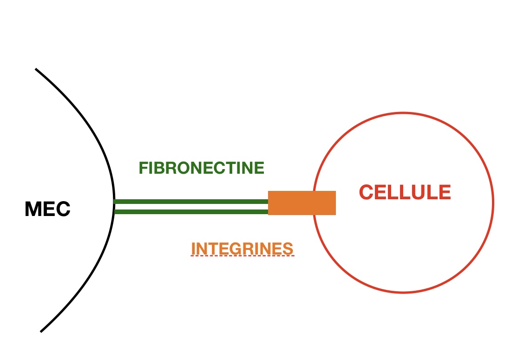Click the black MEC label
[47, 209]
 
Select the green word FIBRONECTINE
[201, 168]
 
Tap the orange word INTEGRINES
[242, 249]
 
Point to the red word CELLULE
[405, 192]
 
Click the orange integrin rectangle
[302, 203]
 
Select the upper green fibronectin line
[191, 202]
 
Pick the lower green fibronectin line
[191, 212]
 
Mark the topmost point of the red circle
[403, 113]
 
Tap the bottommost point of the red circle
[403, 292]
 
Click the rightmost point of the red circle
[493, 203]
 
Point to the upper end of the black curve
[36, 70]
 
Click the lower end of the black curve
[41, 331]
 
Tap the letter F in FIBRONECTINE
[143, 168]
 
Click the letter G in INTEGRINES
[240, 249]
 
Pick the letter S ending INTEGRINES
[288, 249]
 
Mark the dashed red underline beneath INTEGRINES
[242, 256]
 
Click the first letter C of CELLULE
[367, 192]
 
